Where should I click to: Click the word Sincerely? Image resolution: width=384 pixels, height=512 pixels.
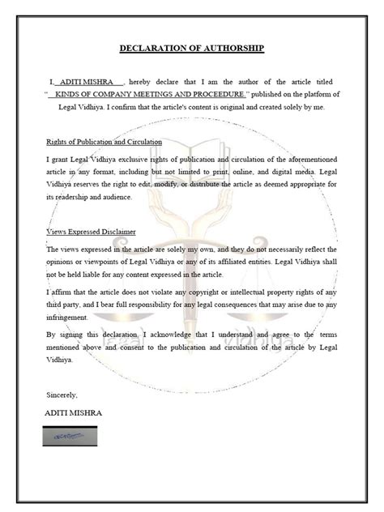[x=62, y=394]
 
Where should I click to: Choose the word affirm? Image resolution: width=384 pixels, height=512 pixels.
[x=65, y=292]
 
